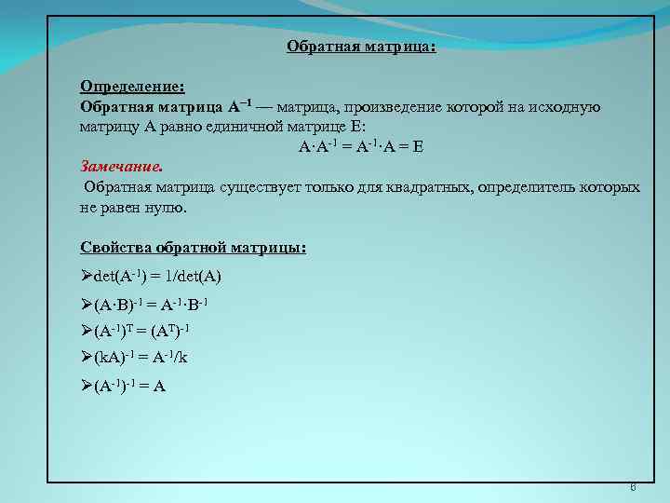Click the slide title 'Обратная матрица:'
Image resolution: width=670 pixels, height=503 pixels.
click(361, 46)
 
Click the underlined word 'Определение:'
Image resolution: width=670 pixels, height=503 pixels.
click(132, 87)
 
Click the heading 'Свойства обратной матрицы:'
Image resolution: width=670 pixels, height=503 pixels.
click(193, 249)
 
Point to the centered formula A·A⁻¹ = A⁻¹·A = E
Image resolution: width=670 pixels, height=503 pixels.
click(361, 147)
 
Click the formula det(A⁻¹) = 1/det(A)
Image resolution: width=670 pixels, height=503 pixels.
click(157, 278)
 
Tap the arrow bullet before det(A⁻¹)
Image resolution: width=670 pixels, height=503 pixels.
click(87, 278)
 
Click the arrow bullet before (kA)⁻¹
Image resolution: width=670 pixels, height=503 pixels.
click(87, 358)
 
